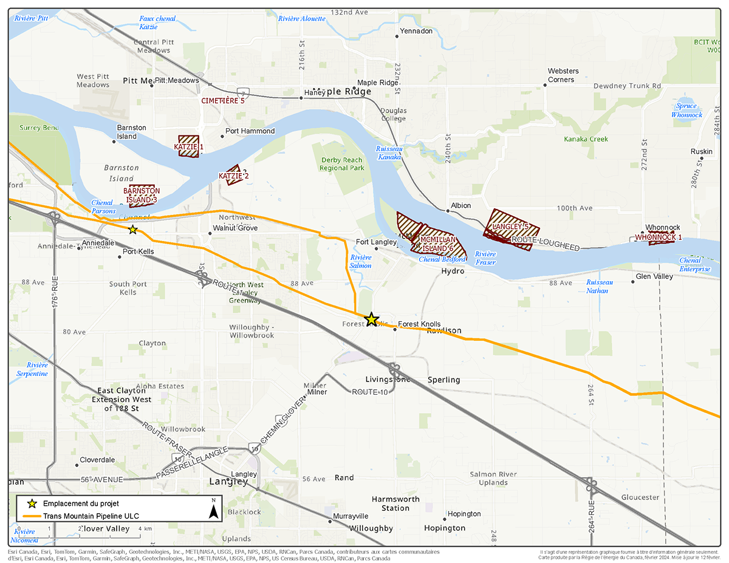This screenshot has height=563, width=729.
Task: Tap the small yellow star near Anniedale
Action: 132,230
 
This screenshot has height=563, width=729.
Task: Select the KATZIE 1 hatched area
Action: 189,146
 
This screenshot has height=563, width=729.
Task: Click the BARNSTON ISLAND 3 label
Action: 142,195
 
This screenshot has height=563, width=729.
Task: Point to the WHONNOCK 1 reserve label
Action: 659,237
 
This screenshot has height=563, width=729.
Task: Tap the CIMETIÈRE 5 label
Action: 223,100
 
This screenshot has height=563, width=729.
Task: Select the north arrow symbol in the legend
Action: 213,509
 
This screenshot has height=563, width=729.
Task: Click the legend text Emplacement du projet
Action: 81,503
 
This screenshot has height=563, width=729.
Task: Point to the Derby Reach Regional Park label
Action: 342,164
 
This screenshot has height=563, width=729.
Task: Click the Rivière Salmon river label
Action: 361,262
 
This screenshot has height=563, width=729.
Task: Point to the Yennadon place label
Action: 416,31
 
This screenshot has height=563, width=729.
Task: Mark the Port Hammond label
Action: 250,131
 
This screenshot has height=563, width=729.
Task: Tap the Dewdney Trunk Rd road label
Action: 627,86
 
